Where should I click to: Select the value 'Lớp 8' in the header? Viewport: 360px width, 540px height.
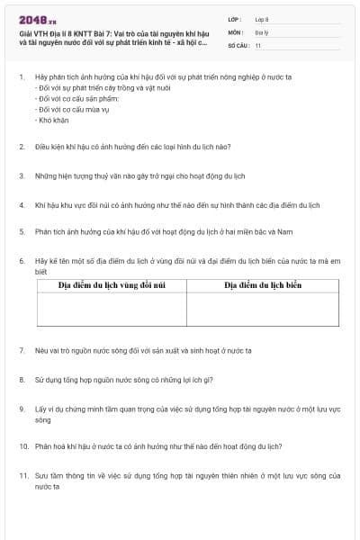pyautogui.click(x=262, y=19)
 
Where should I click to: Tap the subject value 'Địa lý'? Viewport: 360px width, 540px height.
pyautogui.click(x=261, y=31)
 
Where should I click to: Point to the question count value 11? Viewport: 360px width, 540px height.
pyautogui.click(x=258, y=44)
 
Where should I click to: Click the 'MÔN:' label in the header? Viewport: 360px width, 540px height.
pyautogui.click(x=236, y=31)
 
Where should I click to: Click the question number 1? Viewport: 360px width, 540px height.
pyautogui.click(x=21, y=77)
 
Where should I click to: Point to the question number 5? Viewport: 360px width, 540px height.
pyautogui.click(x=21, y=231)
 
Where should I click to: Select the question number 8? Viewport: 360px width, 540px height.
pyautogui.click(x=21, y=379)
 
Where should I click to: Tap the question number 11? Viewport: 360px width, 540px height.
pyautogui.click(x=22, y=475)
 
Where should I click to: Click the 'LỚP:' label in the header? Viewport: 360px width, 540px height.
pyautogui.click(x=236, y=19)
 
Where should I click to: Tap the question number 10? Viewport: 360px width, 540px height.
pyautogui.click(x=22, y=445)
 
